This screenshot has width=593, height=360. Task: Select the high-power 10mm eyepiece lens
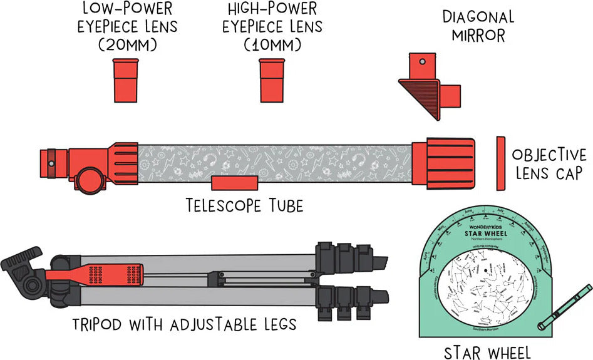[273, 80]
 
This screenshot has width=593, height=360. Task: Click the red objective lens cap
[500, 163]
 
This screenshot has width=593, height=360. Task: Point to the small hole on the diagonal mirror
[423, 62]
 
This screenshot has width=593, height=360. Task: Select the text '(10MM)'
[274, 45]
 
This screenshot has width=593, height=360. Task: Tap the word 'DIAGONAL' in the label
[477, 17]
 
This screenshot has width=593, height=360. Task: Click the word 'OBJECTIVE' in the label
[549, 155]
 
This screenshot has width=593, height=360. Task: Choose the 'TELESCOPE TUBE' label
[244, 205]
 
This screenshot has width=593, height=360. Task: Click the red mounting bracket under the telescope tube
[234, 182]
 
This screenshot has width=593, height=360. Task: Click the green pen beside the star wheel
[566, 306]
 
